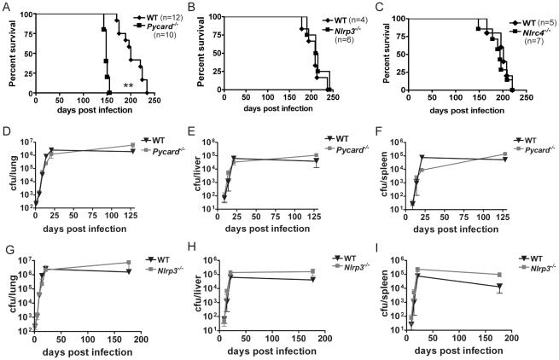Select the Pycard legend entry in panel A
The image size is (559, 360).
tap(153, 27)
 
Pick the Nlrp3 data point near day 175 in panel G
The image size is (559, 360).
tap(151, 263)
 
